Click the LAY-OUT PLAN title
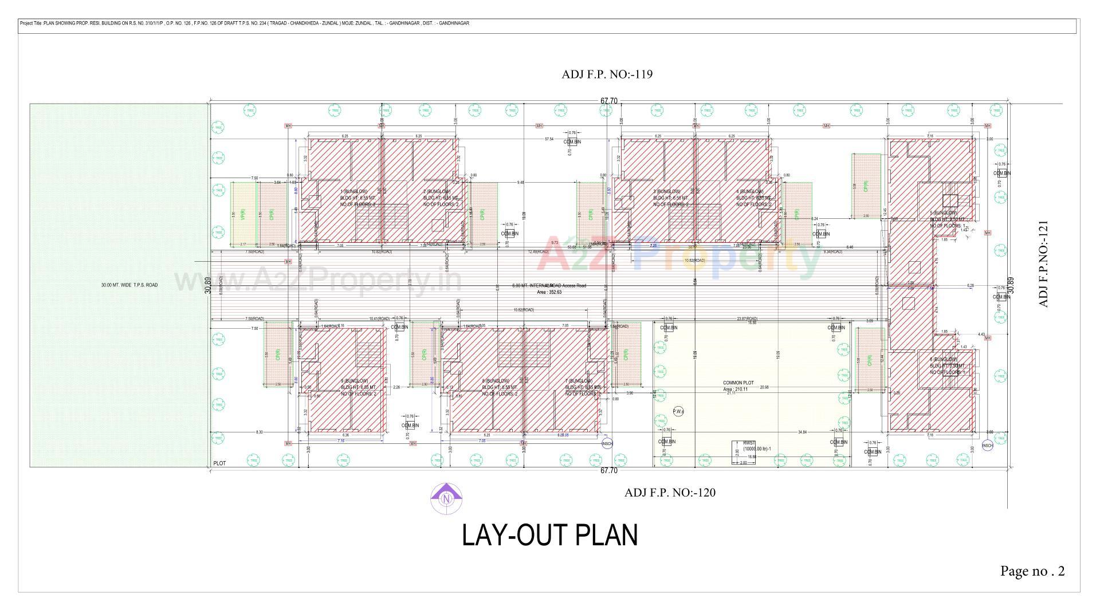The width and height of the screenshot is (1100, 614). pos(549,536)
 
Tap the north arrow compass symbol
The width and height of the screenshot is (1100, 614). pos(446,498)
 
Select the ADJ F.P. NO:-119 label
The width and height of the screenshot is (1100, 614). pos(607,74)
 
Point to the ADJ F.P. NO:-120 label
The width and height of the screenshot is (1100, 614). pos(670,493)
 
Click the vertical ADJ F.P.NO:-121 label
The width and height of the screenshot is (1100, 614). pos(1043,264)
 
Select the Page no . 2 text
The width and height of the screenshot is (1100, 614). pos(1032,571)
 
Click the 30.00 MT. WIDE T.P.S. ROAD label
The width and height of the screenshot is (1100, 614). pos(129,285)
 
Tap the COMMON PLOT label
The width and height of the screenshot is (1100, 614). pos(738,383)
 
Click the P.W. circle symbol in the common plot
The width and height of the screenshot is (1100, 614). pos(678,411)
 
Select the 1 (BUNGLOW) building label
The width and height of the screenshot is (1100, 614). pos(353,191)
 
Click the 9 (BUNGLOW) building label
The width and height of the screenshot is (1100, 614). pos(354,381)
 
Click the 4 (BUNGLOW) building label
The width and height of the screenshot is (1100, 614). pos(749,191)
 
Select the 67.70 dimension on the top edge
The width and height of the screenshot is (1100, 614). pos(608,101)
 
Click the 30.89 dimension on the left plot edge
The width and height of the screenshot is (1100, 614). pos(207,285)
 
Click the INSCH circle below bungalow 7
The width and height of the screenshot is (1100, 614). pos(607,444)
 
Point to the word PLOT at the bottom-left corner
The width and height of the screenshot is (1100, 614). pos(219,463)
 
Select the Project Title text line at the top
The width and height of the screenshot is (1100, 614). pos(245,23)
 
